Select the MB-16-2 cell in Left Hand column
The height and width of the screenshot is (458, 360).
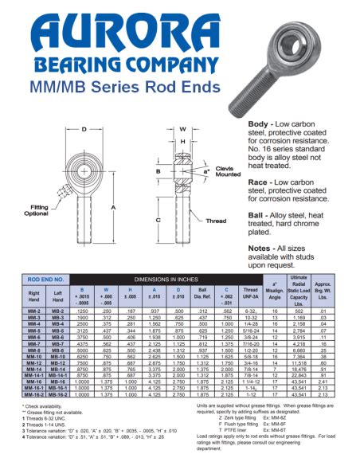tap(58, 394)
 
